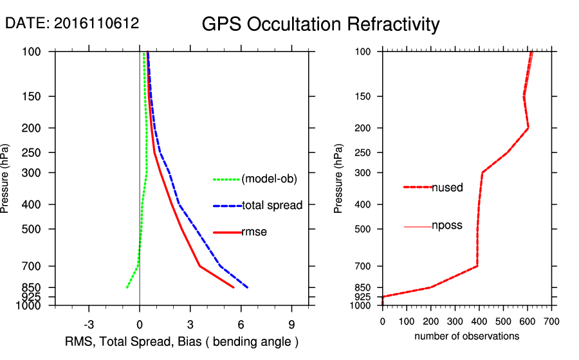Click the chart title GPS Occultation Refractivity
click(x=320, y=24)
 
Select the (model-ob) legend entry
click(x=269, y=179)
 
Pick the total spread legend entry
click(x=272, y=205)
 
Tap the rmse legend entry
click(x=254, y=232)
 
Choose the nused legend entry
click(x=447, y=187)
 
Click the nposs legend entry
click(x=447, y=226)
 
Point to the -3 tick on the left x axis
click(x=89, y=323)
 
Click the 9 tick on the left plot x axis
click(x=292, y=323)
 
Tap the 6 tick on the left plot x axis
click(x=241, y=323)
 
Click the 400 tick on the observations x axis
click(x=479, y=321)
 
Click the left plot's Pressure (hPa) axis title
click(x=6, y=178)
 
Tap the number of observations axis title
click(x=466, y=336)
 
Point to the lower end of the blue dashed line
click(x=248, y=287)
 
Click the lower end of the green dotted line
click(x=127, y=287)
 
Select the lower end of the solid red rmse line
click(x=234, y=287)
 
